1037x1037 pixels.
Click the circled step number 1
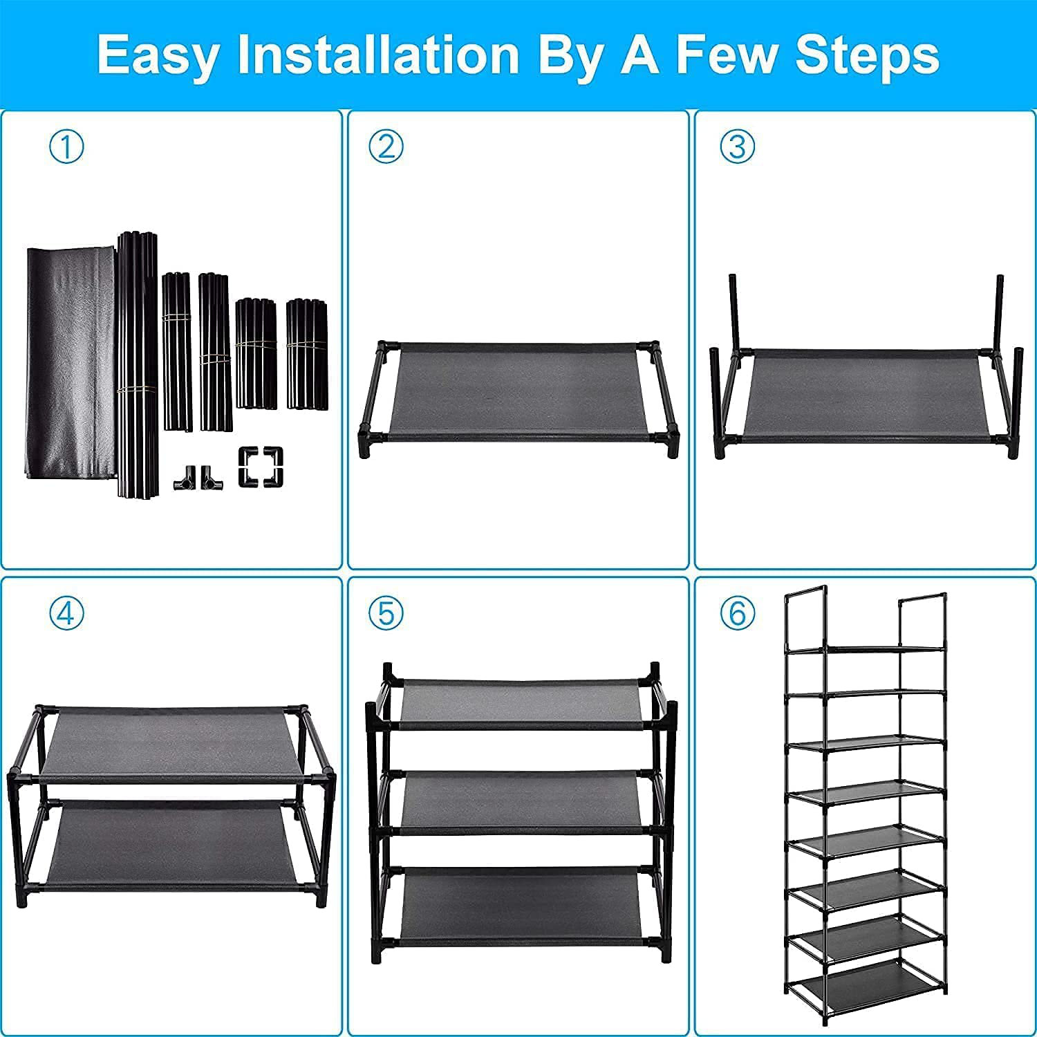point(67,147)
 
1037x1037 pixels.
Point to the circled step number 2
point(386,147)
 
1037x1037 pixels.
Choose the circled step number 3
point(738,147)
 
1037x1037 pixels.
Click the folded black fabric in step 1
point(69,359)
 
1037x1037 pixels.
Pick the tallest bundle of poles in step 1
point(137,363)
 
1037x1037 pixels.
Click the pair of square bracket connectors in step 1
point(261,467)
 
